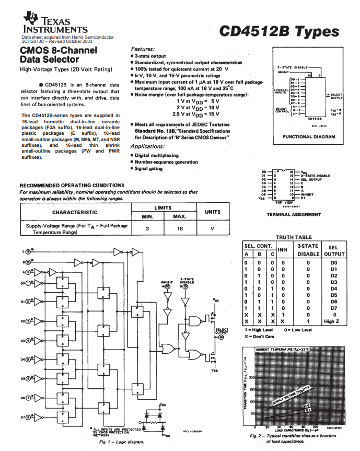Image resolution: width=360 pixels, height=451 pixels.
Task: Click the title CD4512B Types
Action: (278, 31)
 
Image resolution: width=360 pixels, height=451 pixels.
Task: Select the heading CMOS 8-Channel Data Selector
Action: (58, 55)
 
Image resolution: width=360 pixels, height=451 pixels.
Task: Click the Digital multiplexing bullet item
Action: (157, 155)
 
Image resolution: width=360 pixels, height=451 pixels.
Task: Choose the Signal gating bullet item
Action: (149, 168)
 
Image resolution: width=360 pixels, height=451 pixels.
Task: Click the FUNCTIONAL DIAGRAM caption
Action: (308, 136)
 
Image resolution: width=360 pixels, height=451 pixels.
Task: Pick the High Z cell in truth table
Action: (331, 321)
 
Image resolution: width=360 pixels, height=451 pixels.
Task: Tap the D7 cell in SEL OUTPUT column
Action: (331, 308)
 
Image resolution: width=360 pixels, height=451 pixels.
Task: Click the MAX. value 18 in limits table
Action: (179, 228)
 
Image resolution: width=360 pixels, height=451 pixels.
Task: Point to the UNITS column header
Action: (213, 212)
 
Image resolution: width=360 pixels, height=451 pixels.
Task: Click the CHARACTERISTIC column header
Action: (74, 212)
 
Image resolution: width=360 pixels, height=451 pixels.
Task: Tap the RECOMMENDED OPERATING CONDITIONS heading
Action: (72, 185)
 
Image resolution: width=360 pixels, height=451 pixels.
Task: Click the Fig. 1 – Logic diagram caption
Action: (122, 442)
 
